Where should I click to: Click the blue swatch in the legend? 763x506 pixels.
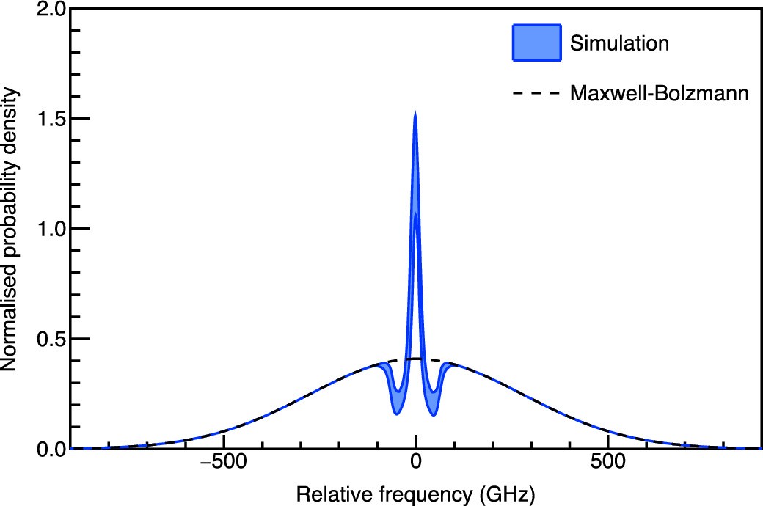pos(536,43)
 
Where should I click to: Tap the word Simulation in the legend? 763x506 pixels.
pos(619,43)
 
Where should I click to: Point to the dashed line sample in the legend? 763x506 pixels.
pos(536,93)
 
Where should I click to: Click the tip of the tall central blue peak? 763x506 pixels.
pos(415,113)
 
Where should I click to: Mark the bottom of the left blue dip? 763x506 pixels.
pos(396,414)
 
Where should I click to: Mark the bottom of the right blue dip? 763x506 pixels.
pos(434,414)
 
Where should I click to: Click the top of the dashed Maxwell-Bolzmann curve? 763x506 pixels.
pos(415,359)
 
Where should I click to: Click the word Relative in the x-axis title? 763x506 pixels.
pos(325,494)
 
